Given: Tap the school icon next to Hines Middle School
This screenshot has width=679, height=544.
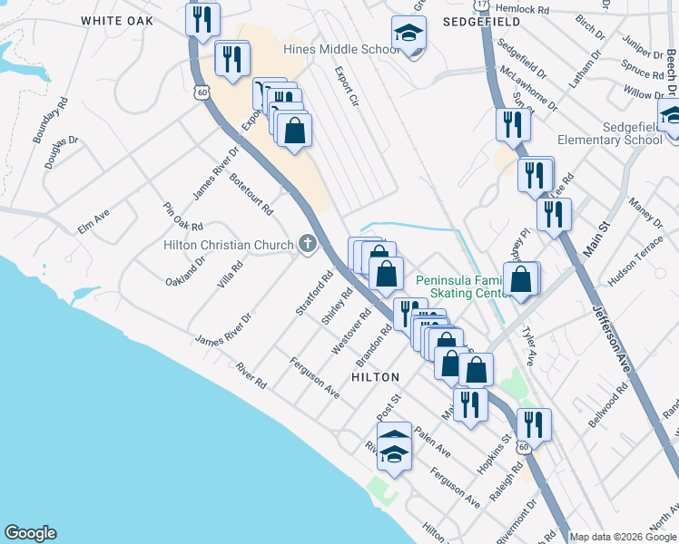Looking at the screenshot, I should [x=408, y=34].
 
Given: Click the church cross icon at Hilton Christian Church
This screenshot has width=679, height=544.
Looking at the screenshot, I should [x=308, y=244].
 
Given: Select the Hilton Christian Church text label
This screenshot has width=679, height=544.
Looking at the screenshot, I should [x=229, y=245].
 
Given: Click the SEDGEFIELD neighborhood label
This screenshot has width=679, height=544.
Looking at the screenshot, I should [x=472, y=18].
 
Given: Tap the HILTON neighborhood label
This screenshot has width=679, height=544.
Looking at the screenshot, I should [x=375, y=376].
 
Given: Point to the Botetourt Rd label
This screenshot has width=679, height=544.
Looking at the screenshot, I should [x=251, y=193].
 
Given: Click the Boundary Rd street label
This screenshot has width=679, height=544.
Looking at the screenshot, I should [x=51, y=121].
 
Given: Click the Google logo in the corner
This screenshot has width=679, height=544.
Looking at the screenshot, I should [x=30, y=533].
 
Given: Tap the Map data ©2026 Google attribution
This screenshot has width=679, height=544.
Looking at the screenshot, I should [x=624, y=537].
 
